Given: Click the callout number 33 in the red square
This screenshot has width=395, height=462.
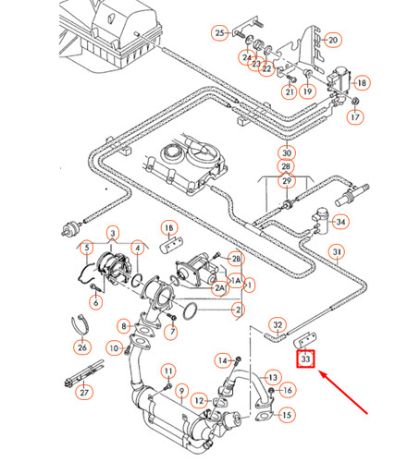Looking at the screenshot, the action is (x=305, y=359).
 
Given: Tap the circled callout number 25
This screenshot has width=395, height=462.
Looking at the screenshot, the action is (x=220, y=32).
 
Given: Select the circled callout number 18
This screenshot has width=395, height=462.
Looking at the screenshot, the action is (x=362, y=82).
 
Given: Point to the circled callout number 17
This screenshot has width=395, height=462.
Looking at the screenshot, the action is (x=355, y=117).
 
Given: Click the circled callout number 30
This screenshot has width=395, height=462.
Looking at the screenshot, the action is (x=287, y=153).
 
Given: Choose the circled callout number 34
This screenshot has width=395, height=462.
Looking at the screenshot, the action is (x=340, y=222).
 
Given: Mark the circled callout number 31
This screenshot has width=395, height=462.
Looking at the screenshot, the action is (x=337, y=252).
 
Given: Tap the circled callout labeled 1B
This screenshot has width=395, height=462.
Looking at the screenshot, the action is (x=169, y=228).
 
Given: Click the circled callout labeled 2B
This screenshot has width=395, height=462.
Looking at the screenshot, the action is (x=236, y=259).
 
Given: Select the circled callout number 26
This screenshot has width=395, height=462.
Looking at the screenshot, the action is (x=82, y=347).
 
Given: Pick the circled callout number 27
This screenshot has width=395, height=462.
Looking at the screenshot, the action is (x=84, y=393).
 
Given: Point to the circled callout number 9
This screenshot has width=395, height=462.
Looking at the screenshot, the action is (x=182, y=391).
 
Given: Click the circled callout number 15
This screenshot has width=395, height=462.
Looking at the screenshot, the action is (x=287, y=415).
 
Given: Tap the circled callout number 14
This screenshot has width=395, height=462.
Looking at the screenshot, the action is (x=223, y=360).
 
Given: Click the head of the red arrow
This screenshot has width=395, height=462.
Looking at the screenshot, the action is (x=320, y=372).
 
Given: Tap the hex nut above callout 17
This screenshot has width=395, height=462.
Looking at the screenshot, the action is (x=355, y=101).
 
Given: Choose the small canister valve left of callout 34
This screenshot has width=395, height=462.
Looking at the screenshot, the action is (x=320, y=218).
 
